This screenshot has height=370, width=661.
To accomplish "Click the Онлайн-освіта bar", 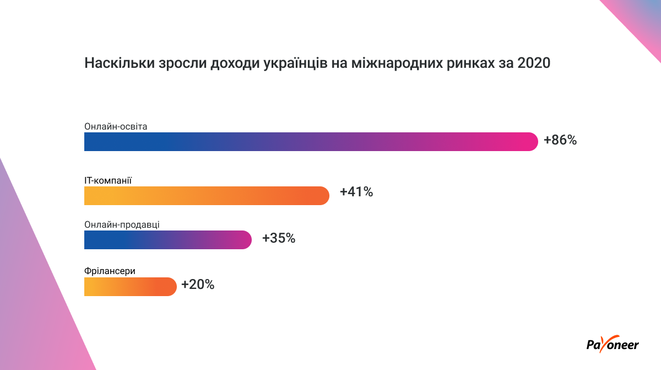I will [x=311, y=142].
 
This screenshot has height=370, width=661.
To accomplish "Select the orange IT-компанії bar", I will [x=207, y=196].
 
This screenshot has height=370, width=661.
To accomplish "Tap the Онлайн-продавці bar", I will [x=167, y=240].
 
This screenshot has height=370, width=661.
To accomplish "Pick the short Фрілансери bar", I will [x=130, y=287].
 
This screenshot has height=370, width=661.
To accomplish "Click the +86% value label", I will [x=560, y=140].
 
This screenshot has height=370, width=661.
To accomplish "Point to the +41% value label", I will [x=356, y=192].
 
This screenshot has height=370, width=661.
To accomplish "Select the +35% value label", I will [x=279, y=239].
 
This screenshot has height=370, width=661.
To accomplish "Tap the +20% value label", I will [x=197, y=285].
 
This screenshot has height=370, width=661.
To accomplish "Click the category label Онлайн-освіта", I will [x=116, y=126].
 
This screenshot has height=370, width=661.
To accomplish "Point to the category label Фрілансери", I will [x=110, y=271].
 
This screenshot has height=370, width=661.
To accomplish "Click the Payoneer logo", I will [x=612, y=344].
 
